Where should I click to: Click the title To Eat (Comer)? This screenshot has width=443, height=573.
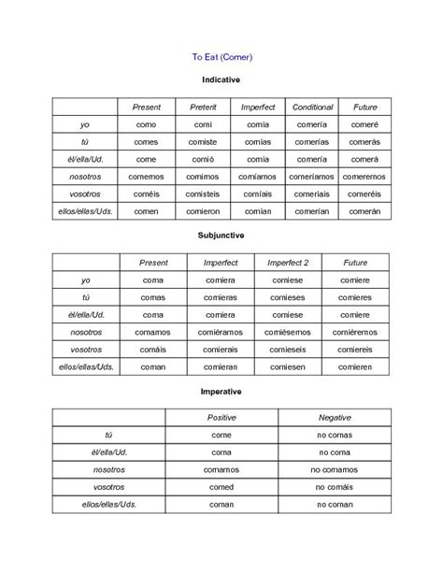click(221, 57)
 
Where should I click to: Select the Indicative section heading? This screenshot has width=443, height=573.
click(221, 82)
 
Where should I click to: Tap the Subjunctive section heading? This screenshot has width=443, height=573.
click(221, 236)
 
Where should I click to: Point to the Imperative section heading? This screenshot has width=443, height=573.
click(221, 390)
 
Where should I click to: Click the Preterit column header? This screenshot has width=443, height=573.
click(203, 107)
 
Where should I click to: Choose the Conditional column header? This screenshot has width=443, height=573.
click(311, 107)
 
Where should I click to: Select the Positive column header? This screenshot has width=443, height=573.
click(221, 416)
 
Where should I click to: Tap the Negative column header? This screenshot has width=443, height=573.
click(334, 416)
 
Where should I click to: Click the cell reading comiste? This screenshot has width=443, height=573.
click(203, 142)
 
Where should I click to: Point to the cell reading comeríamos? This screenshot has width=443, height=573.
click(311, 177)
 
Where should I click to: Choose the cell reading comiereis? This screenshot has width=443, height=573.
click(355, 349)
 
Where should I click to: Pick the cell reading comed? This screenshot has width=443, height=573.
click(221, 487)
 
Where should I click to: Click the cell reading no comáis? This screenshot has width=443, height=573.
click(334, 487)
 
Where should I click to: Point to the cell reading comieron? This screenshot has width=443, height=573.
click(203, 212)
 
